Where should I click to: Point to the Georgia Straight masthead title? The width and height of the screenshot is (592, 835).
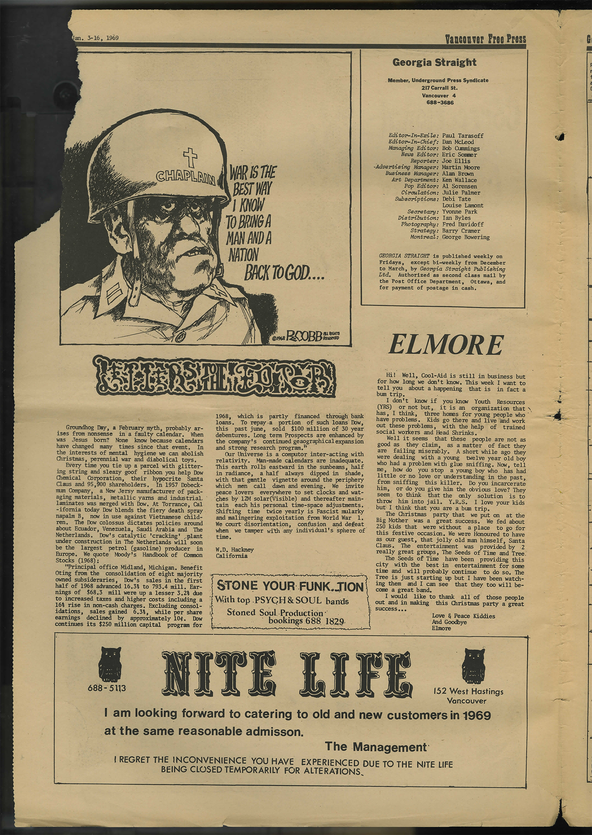coord(434,63)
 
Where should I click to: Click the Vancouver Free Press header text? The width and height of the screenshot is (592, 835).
coord(485,39)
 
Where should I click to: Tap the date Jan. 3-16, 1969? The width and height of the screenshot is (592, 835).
coord(96,38)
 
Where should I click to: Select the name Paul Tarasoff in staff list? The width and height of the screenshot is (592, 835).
coord(463,136)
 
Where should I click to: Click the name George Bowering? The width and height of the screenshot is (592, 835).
coord(466,237)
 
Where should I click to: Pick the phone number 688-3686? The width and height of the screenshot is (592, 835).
coord(440,102)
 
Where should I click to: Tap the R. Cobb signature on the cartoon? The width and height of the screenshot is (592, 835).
coord(309,336)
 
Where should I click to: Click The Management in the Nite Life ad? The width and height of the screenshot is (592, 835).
coord(376,746)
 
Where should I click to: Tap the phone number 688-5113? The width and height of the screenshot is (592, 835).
coord(106,688)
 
